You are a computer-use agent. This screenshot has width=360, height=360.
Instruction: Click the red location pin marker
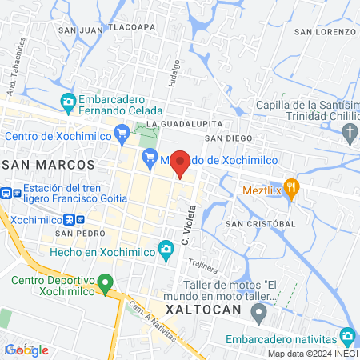(180, 163)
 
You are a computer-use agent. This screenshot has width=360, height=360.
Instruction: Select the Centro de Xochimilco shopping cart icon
(122, 131)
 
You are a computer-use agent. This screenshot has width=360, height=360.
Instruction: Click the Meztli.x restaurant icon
(292, 190)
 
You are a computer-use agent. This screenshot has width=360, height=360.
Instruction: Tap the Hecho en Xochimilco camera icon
(166, 250)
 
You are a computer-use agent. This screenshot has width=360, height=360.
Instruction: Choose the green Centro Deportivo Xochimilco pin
(104, 283)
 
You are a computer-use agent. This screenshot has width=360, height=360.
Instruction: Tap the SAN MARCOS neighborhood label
(49, 164)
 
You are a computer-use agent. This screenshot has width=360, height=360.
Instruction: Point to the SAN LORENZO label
(324, 31)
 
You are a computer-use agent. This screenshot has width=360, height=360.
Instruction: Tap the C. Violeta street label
(188, 233)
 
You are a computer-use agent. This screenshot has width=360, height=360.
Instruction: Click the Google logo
(26, 350)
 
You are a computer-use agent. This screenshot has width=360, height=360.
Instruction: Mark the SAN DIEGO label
(223, 138)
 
